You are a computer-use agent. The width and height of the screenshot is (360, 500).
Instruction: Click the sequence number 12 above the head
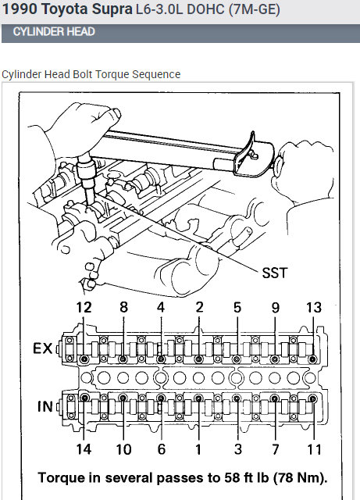[84, 307]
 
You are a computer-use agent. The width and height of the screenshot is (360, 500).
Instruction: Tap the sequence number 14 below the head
[84, 449]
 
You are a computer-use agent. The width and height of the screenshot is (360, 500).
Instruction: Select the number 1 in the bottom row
[198, 449]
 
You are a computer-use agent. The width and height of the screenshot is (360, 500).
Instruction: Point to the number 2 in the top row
[199, 307]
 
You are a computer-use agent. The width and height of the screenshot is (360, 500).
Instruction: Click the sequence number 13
[314, 307]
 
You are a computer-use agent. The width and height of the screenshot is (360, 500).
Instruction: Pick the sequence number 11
[314, 449]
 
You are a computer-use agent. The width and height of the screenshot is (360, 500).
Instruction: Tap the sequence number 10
[123, 449]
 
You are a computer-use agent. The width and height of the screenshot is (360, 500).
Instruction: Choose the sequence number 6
[162, 449]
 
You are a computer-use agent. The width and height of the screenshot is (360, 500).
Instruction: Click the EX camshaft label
[42, 348]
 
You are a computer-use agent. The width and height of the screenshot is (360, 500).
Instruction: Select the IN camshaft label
[45, 406]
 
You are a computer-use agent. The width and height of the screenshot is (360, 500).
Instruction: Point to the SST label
[275, 273]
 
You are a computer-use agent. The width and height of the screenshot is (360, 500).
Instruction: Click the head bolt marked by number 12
[84, 359]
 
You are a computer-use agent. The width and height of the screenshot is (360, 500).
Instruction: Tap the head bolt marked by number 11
[313, 398]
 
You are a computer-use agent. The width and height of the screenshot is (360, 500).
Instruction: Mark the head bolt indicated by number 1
[198, 398]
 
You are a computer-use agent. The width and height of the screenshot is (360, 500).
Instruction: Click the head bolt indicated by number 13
[313, 359]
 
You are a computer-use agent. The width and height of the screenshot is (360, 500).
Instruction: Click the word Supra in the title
[112, 9]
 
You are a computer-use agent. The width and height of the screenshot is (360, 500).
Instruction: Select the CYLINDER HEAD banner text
[54, 32]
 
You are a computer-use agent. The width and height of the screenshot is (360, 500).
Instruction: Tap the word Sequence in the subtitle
[156, 75]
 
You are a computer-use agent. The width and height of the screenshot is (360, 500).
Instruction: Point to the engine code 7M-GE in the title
[254, 10]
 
